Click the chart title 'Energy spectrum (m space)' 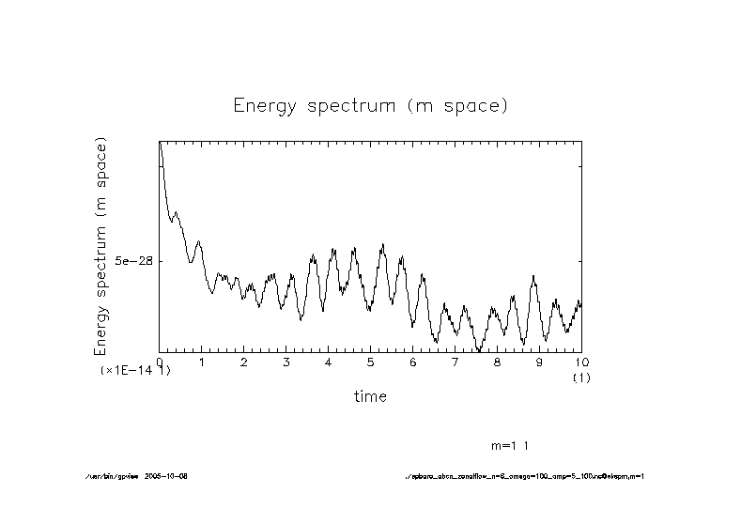coord(370,105)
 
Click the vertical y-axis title coord(101,246)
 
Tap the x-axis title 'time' coord(370,396)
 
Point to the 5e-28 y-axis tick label coord(132,261)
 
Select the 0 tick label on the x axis coord(160,362)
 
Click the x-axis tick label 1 coord(202,362)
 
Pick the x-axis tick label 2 coord(244,362)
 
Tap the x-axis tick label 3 coord(286,362)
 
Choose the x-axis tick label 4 coord(329,362)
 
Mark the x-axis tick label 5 coord(371,362)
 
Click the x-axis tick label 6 coord(413,362)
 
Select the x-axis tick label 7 coord(455,362)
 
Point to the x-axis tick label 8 coord(498,362)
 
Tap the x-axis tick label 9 coord(540,362)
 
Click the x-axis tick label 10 coord(581,362)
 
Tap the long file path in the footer coord(523,476)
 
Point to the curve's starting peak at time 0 coord(161,144)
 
